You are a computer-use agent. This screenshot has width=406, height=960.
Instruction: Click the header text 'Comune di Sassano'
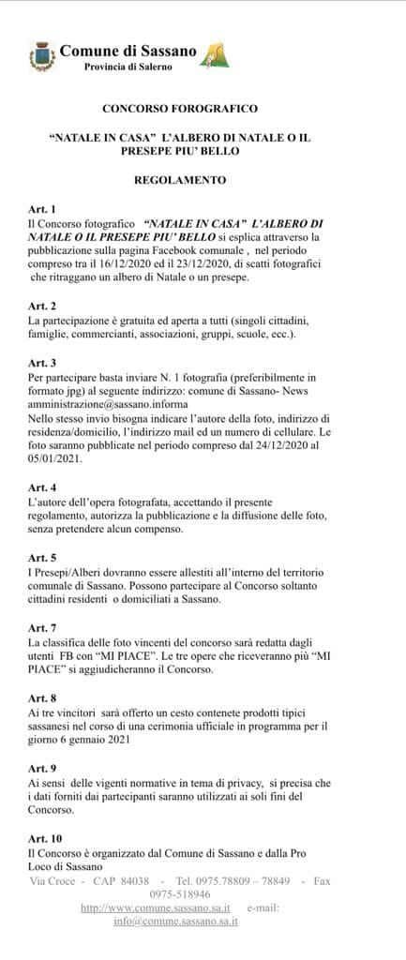pyautogui.click(x=128, y=51)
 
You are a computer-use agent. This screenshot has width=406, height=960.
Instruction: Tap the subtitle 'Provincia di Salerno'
pyautogui.click(x=128, y=68)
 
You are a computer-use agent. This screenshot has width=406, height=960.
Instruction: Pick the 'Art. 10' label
pyautogui.click(x=45, y=837)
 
